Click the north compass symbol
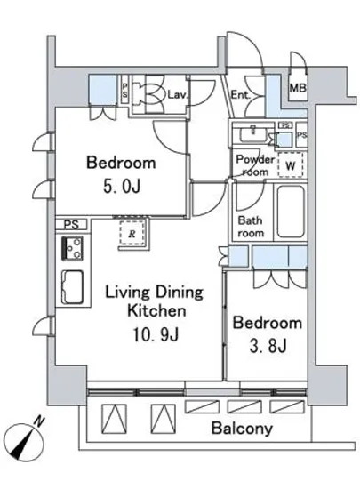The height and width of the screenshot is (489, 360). pyautogui.click(x=24, y=440)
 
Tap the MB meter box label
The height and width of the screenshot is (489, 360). pyautogui.click(x=298, y=88)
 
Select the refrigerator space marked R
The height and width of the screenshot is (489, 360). pyautogui.click(x=132, y=233)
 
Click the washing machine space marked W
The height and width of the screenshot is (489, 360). pyautogui.click(x=290, y=165)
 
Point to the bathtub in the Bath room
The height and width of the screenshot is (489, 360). pyautogui.click(x=291, y=212)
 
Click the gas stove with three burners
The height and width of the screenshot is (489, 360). pyautogui.click(x=73, y=249)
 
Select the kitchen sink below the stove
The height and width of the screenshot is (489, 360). pyautogui.click(x=73, y=286)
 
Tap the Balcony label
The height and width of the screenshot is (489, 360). pyautogui.click(x=242, y=429)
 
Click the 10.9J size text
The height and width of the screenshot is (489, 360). pyautogui.click(x=156, y=334)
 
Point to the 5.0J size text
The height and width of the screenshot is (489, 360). pyautogui.click(x=122, y=186)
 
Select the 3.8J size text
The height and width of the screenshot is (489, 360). pyautogui.click(x=268, y=346)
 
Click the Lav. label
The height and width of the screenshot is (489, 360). pyautogui.click(x=178, y=94)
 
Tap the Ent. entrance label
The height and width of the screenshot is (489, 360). pyautogui.click(x=240, y=95)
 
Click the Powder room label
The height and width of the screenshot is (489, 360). pyautogui.click(x=255, y=165)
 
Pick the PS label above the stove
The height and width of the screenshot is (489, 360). pyautogui.click(x=71, y=225)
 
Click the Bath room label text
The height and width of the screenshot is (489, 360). pyautogui.click(x=251, y=227)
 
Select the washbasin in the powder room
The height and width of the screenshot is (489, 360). pyautogui.click(x=252, y=133)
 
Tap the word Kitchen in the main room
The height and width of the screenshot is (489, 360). pyautogui.click(x=156, y=311)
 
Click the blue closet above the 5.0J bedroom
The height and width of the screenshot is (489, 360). pyautogui.click(x=104, y=90)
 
